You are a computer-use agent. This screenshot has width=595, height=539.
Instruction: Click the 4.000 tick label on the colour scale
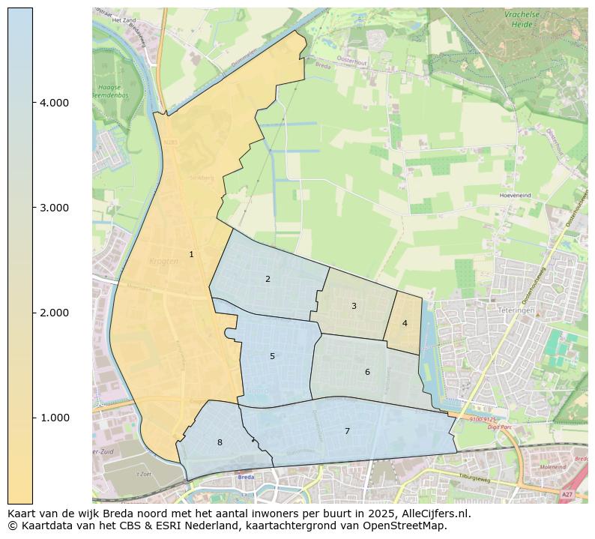[x=54, y=103]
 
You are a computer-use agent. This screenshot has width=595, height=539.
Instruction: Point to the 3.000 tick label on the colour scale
[x=54, y=208]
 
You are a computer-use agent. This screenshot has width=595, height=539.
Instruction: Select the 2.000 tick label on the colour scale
[x=54, y=313]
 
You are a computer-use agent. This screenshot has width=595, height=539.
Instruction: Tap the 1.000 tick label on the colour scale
[x=54, y=418]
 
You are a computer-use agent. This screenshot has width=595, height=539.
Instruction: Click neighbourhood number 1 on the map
[x=191, y=255]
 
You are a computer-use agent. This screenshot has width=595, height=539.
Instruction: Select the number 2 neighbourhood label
[x=268, y=280]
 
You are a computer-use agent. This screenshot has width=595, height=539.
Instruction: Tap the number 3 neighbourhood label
[x=354, y=306]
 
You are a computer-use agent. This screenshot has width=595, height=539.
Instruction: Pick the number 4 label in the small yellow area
[x=405, y=324]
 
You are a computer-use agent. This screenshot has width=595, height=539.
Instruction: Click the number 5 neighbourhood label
[x=272, y=357]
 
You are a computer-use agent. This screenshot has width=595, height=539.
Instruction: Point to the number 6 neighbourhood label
[x=367, y=373]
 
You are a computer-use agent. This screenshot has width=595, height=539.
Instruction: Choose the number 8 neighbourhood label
[x=220, y=443]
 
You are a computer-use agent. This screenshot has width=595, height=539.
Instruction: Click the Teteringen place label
[x=514, y=309]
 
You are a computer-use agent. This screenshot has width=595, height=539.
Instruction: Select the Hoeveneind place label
[x=515, y=195]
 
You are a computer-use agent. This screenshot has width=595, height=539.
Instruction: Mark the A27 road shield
[x=567, y=495]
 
